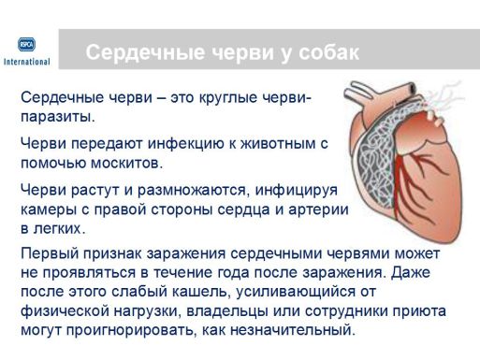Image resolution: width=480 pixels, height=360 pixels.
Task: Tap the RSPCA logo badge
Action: [27, 44]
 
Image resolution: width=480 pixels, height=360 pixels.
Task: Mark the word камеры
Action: [50, 209]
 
